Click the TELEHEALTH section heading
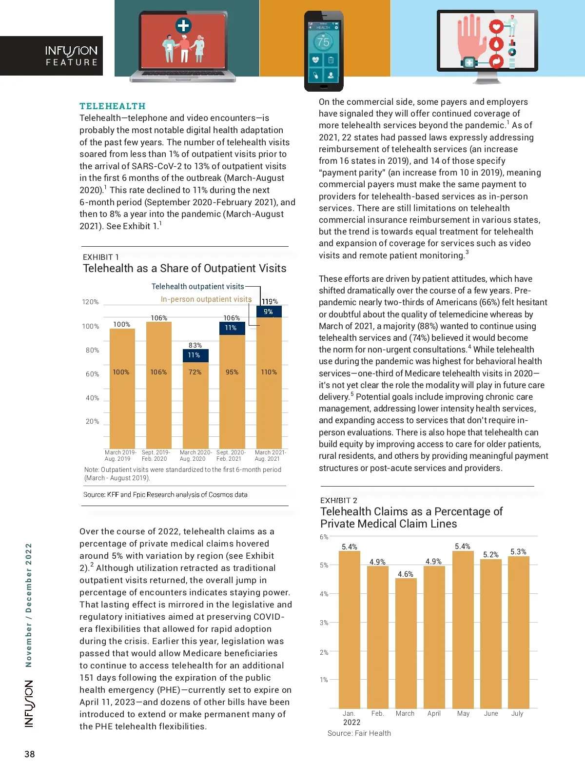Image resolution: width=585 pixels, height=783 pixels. tap(113, 106)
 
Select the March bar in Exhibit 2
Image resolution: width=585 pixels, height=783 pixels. tap(406, 644)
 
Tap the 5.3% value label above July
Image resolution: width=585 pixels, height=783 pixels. tap(518, 551)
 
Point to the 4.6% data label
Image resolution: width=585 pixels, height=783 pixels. tap(405, 574)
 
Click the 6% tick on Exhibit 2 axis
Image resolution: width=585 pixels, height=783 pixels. tap(324, 537)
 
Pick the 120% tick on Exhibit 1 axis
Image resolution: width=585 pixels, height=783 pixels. tap(90, 302)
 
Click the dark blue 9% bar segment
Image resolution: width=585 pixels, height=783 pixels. tap(269, 312)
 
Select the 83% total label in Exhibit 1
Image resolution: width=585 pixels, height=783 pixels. tap(195, 345)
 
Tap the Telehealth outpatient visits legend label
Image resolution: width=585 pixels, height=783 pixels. tap(197, 287)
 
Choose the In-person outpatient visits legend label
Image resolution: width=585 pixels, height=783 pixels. tap(206, 299)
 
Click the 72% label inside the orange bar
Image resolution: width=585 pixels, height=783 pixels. tap(195, 372)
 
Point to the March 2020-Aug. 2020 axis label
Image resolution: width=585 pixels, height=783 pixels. tap(195, 455)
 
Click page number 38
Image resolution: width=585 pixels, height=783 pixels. tap(30, 754)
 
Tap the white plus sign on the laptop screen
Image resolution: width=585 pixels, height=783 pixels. tap(183, 25)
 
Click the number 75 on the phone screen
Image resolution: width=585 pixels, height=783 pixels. tap(323, 42)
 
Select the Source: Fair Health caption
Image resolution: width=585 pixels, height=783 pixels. tap(359, 733)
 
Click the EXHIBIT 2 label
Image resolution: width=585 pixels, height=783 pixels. tap(339, 500)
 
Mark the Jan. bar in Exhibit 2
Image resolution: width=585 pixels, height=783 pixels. tap(349, 629)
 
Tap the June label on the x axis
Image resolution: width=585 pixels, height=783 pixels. tap(491, 713)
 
